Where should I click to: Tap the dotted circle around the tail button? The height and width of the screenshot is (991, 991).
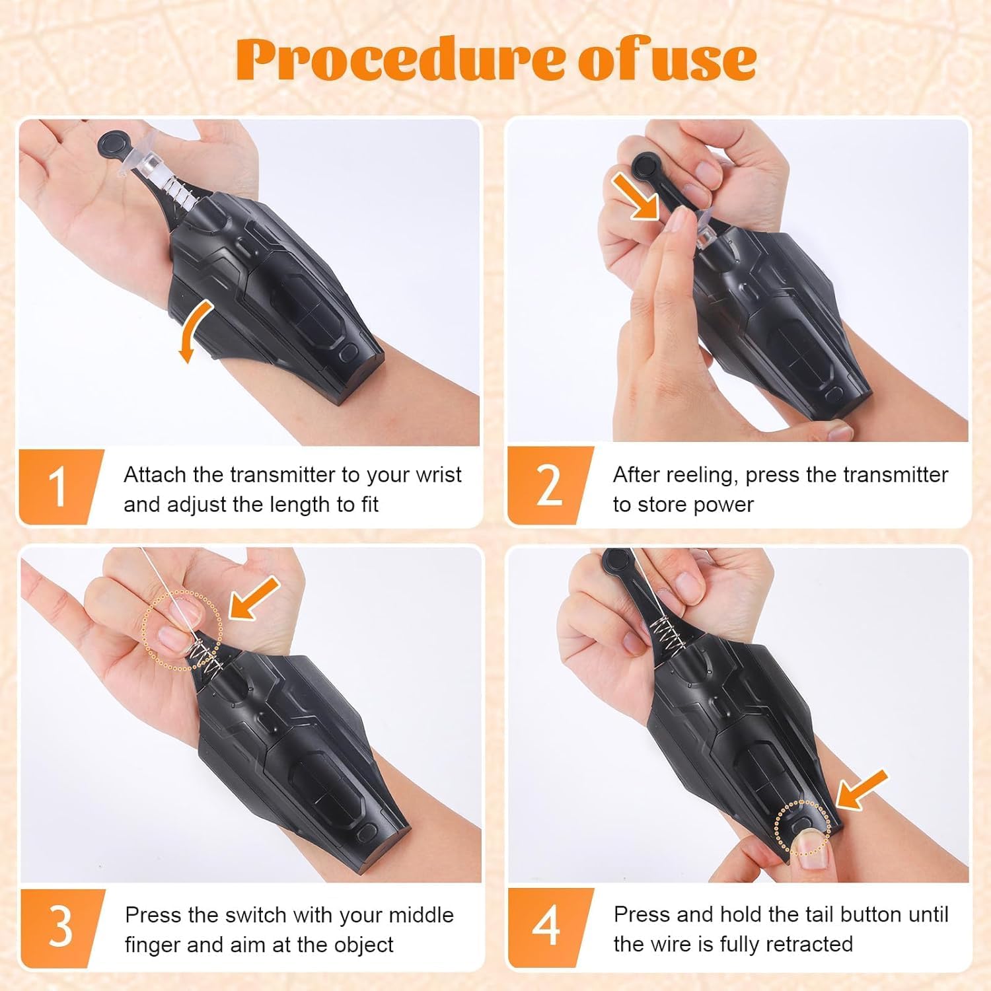pos(801,827)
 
